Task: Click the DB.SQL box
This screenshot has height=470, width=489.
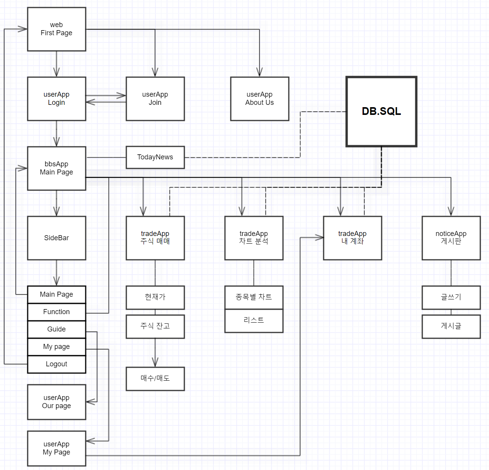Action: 381,111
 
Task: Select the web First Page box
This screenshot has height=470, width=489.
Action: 56,29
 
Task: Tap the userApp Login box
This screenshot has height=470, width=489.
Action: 56,99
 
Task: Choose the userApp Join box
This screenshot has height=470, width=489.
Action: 155,99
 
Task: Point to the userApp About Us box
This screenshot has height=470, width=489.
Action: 260,99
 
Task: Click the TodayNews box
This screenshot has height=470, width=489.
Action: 155,157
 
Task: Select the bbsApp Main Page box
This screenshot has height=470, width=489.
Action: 56,168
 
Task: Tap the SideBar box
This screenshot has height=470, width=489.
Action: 56,238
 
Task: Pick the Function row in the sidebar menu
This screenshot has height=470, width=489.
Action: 56,312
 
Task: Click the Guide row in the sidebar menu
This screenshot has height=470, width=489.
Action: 56,329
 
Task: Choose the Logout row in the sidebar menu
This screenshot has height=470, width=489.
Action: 56,364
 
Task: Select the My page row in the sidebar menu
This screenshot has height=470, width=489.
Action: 56,347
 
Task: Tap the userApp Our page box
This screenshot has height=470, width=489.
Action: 56,402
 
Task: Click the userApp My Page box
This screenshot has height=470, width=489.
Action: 56,448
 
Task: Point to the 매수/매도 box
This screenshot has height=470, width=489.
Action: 155,378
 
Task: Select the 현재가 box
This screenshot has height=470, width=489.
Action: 155,297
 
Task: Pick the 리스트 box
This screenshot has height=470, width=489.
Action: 254,321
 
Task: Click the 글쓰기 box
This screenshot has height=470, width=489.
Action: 451,297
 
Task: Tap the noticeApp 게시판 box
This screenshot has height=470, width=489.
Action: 451,238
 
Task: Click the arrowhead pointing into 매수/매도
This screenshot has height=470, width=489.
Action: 155,362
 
